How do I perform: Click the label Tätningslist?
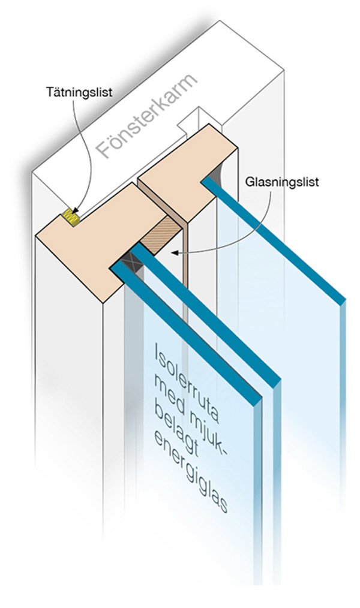coord(79,93)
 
